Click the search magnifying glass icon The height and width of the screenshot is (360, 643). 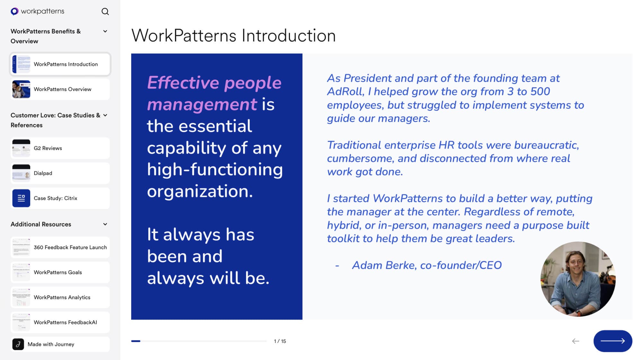pos(105,12)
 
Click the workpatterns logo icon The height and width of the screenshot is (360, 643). pos(14,12)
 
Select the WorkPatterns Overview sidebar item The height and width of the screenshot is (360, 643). pos(60,89)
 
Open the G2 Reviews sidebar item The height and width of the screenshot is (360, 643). pos(60,148)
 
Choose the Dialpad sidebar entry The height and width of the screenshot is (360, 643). pos(60,173)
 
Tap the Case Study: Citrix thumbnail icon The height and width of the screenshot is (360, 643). pos(21,198)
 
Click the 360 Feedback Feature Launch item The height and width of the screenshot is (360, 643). pos(60,248)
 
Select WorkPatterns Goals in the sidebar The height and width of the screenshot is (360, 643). pos(60,273)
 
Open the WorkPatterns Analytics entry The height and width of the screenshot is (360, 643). pos(60,298)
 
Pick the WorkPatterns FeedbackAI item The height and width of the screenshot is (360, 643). pos(60,322)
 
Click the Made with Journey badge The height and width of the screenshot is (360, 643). pos(60,344)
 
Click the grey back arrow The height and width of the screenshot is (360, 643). pos(575,341)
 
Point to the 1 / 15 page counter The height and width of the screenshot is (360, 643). pos(280,341)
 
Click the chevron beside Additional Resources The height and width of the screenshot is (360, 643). pos(105,224)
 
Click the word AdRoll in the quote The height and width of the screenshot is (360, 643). pos(345,92)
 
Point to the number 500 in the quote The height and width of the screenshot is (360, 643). pos(540,92)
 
